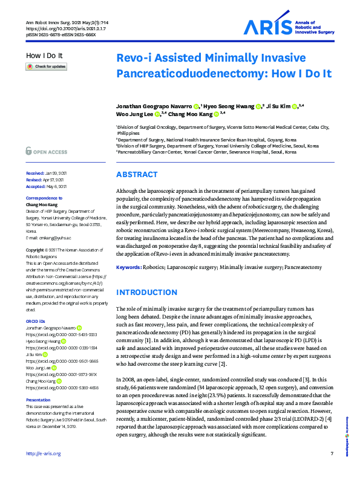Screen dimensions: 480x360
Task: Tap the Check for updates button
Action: click(46, 66)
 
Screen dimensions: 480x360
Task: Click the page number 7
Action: click(332, 470)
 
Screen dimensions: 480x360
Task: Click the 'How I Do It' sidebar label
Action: click(44, 56)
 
